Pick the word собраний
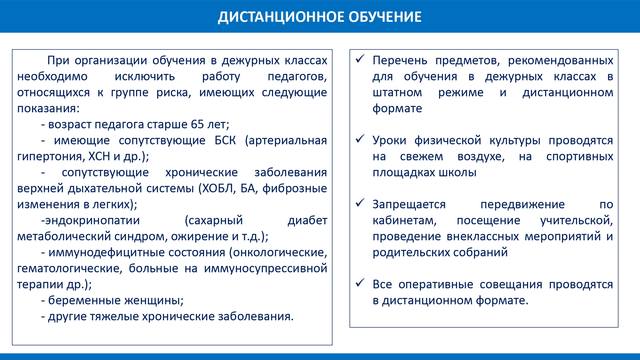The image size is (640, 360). pos(492,253)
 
